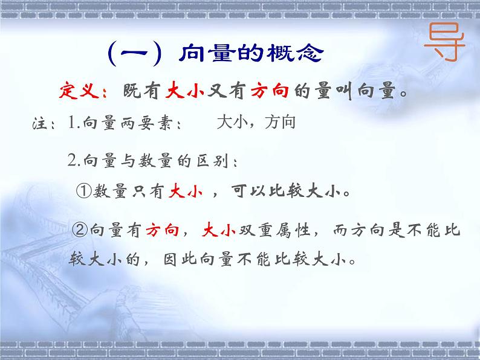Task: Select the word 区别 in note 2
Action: (218, 160)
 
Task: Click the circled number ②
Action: (80, 230)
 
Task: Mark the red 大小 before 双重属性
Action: (216, 230)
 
